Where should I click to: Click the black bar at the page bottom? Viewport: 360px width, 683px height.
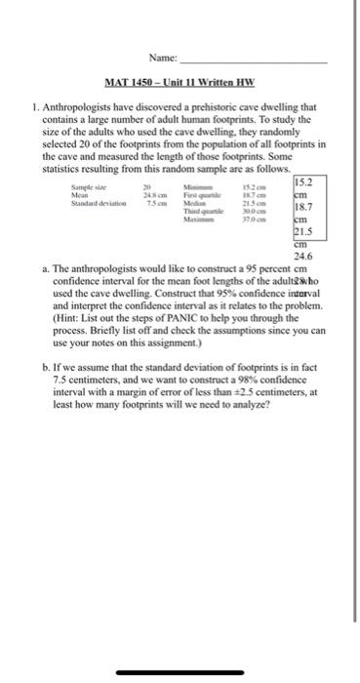tap(180, 671)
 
